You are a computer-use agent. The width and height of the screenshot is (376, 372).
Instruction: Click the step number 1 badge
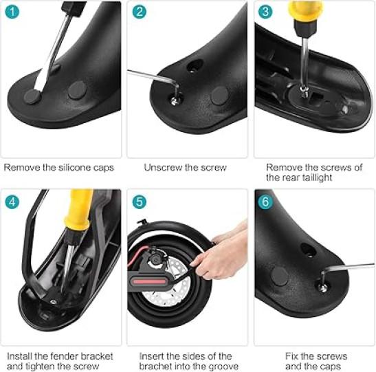[x=12, y=12]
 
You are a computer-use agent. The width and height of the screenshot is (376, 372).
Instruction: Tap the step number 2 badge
[x=139, y=12]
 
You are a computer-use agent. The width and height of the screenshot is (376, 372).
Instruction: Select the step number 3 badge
[x=265, y=12]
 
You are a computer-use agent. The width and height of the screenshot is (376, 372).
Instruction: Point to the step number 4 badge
[x=12, y=201]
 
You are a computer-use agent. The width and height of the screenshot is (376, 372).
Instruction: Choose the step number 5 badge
[x=139, y=201]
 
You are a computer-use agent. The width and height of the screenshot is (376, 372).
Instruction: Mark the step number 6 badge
[x=265, y=201]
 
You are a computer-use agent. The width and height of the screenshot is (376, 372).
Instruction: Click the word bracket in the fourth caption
[x=97, y=356]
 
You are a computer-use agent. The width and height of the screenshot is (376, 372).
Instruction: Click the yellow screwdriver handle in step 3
[x=305, y=11]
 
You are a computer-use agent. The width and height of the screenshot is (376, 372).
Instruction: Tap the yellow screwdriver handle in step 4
[x=79, y=209]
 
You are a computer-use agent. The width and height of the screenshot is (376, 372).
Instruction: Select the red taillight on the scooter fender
[x=149, y=281]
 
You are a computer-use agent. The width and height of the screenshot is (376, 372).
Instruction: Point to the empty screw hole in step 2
[x=194, y=67]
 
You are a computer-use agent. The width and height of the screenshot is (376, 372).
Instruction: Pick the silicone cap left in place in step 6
[x=279, y=276]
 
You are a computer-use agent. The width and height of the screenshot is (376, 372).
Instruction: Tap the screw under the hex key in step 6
[x=322, y=287]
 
